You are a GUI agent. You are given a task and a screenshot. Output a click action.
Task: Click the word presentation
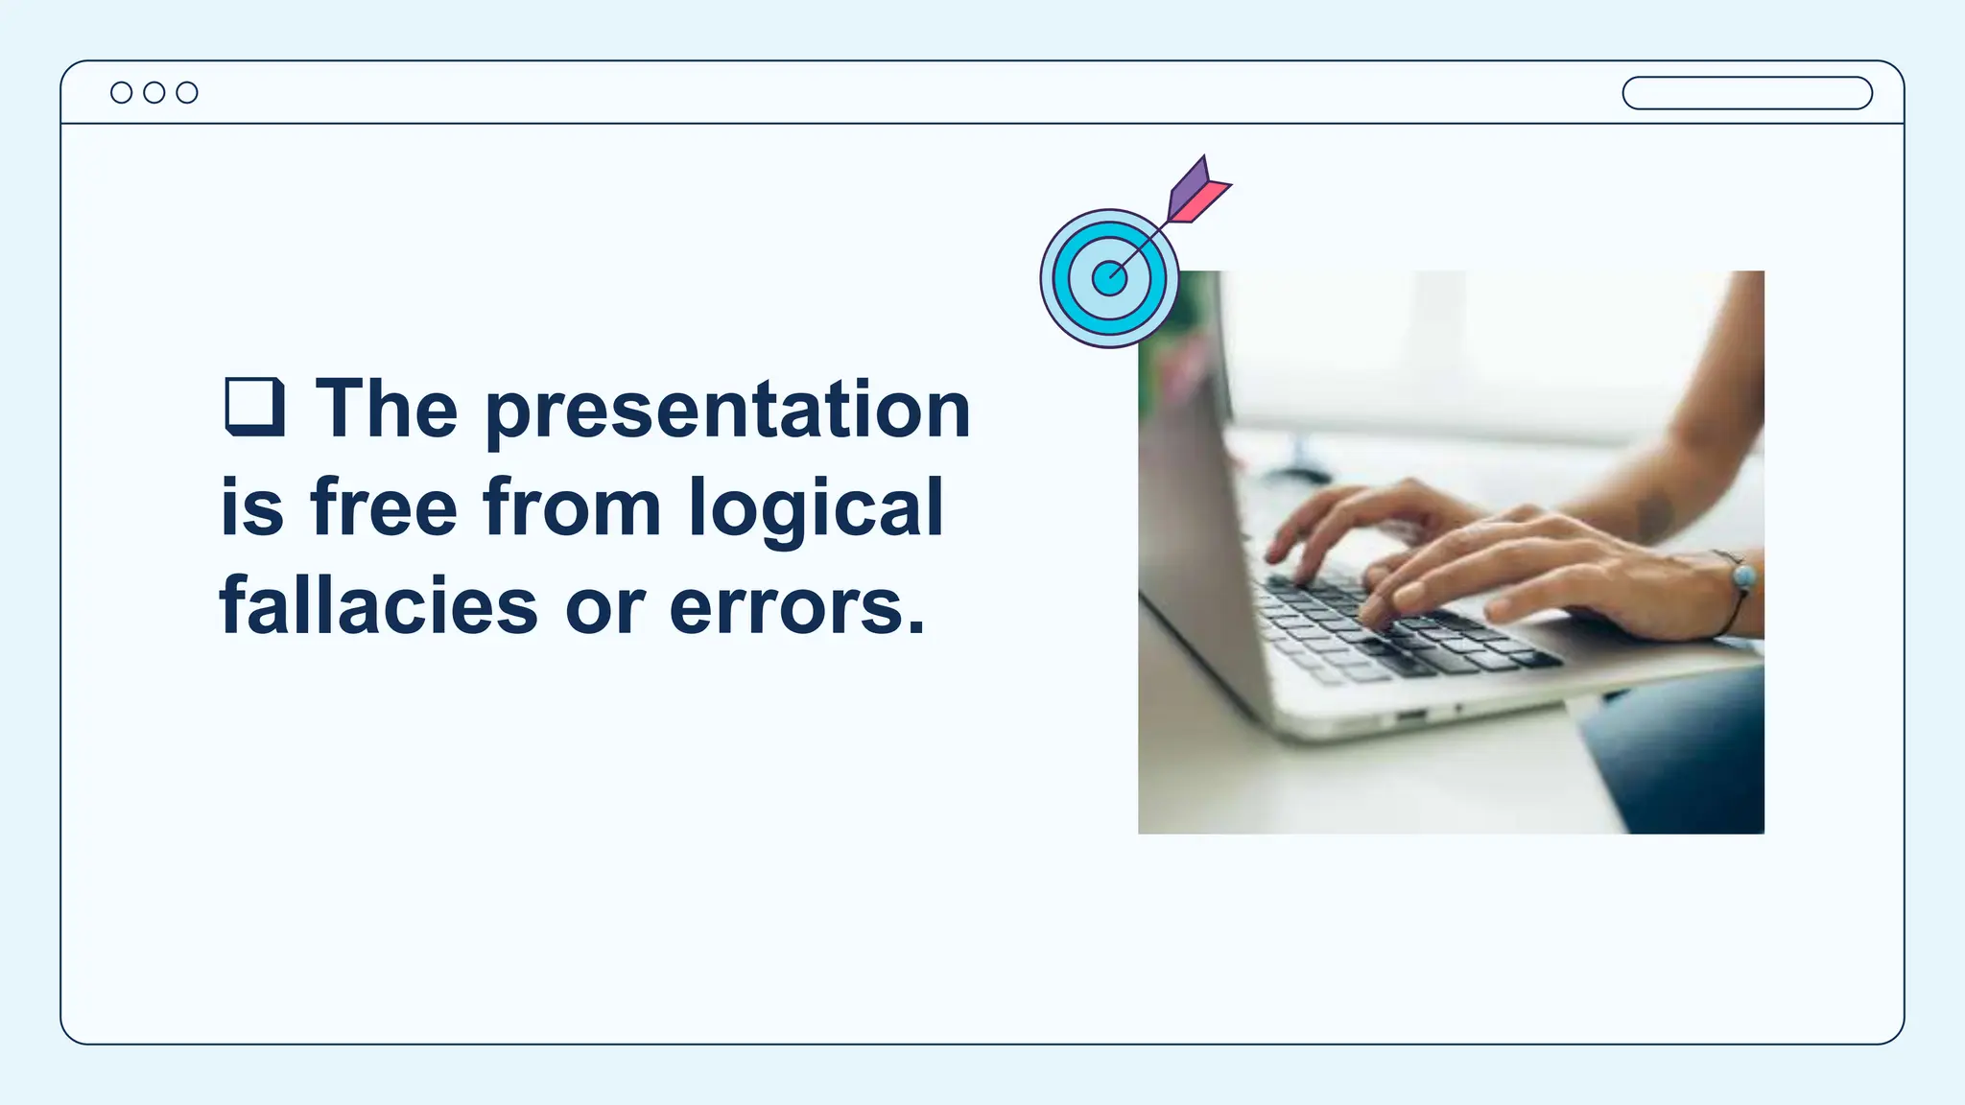(x=728, y=411)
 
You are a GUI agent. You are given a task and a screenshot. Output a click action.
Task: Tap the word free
(x=384, y=507)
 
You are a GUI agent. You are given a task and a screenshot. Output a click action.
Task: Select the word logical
(x=817, y=509)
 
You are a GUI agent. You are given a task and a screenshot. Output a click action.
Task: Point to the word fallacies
(x=379, y=606)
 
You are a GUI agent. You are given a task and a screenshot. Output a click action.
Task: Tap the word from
(x=572, y=507)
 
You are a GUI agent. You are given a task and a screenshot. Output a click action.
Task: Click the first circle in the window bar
(x=121, y=92)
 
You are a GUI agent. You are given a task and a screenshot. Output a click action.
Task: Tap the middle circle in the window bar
(x=154, y=92)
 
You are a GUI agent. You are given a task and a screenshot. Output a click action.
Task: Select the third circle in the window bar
(x=187, y=92)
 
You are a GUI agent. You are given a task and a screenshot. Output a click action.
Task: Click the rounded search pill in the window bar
(x=1746, y=93)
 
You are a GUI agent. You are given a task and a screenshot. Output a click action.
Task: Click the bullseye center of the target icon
(x=1109, y=278)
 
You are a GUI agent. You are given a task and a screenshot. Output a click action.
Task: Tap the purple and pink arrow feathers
(x=1195, y=192)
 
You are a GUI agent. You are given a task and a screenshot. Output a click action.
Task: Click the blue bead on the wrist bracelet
(x=1743, y=577)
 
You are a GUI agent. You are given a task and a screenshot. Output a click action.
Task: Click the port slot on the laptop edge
(x=1411, y=716)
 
